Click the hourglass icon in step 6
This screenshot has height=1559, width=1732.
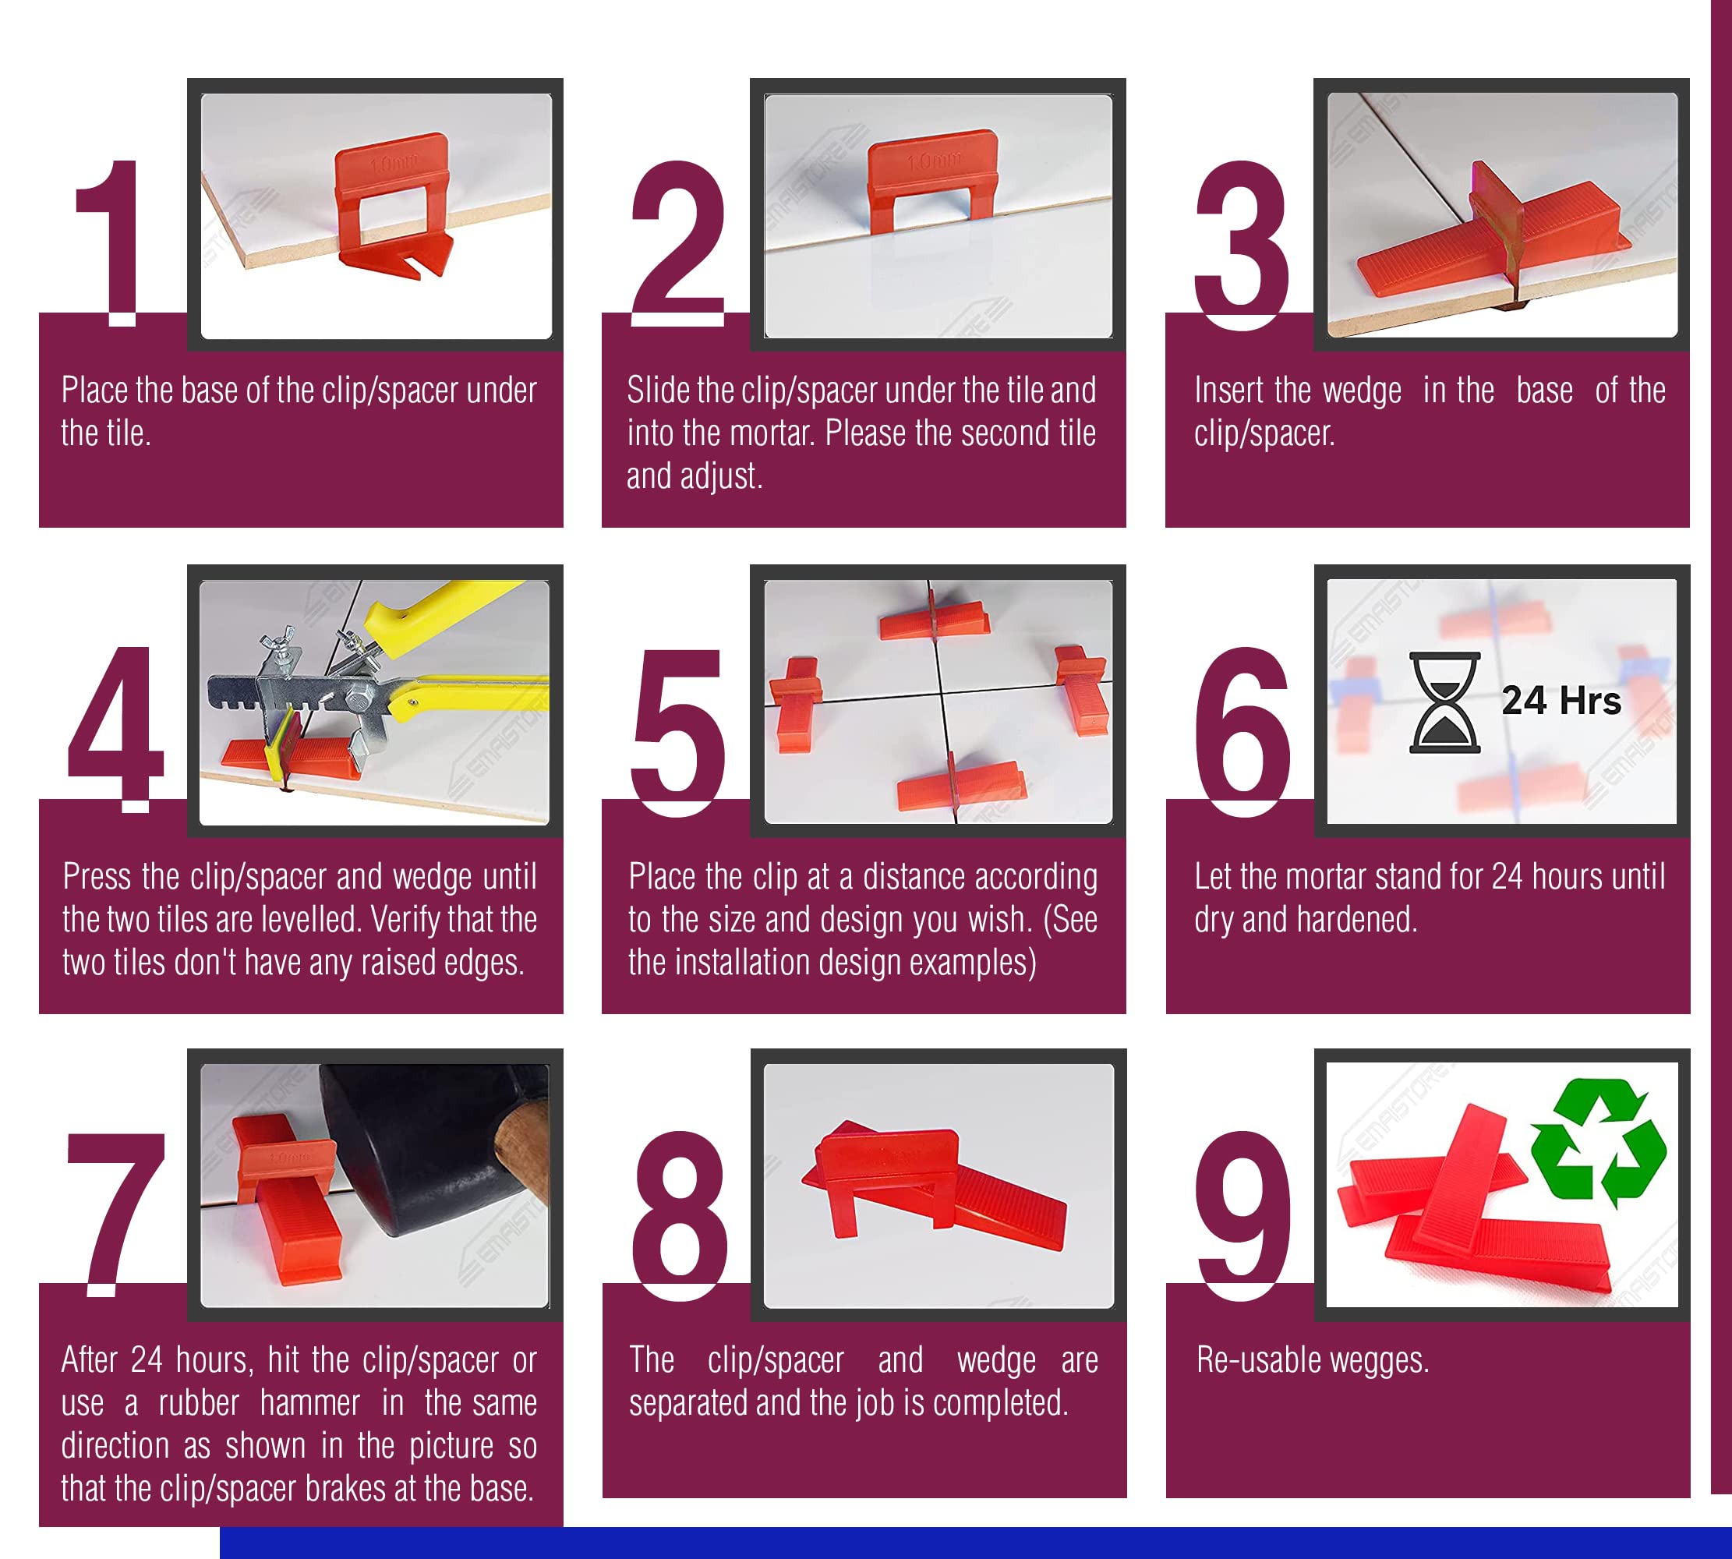tap(1444, 703)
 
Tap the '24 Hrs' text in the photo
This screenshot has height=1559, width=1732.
tap(1561, 701)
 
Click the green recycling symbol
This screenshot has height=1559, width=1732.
tap(1599, 1143)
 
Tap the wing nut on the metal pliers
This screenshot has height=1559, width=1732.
tap(281, 639)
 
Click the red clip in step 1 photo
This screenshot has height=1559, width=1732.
tap(393, 206)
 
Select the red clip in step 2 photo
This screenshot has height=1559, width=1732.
tap(932, 180)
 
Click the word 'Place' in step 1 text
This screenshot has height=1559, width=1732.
tap(95, 391)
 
